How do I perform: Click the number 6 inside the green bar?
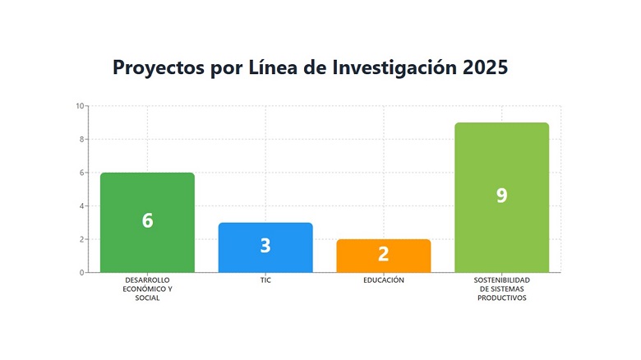point(147,220)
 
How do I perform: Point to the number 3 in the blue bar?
point(265,246)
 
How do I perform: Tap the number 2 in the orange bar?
point(383,254)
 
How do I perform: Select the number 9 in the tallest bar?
point(501,196)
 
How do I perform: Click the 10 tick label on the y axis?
point(79,106)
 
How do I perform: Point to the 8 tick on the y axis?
point(81,139)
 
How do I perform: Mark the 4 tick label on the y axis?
point(81,206)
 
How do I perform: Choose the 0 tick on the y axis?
point(81,273)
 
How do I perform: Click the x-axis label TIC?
point(265,280)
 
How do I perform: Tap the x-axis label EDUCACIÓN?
point(383,280)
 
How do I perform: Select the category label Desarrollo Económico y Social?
point(147,288)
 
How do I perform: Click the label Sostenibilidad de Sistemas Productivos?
point(501,288)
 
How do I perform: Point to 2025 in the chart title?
point(485,67)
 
